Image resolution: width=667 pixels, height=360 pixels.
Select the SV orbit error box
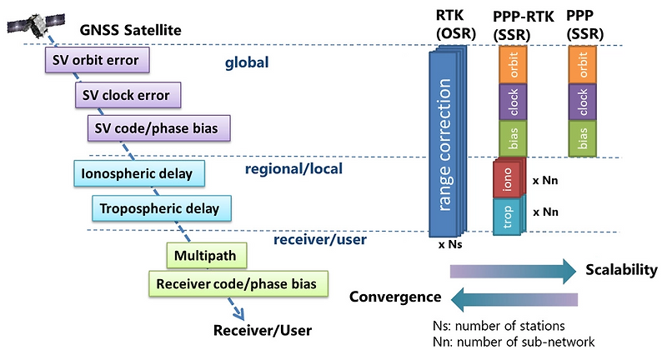[97, 60]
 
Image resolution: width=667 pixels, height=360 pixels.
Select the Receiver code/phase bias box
[238, 284]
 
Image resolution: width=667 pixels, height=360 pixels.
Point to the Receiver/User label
[262, 329]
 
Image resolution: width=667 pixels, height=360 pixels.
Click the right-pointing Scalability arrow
[512, 270]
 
